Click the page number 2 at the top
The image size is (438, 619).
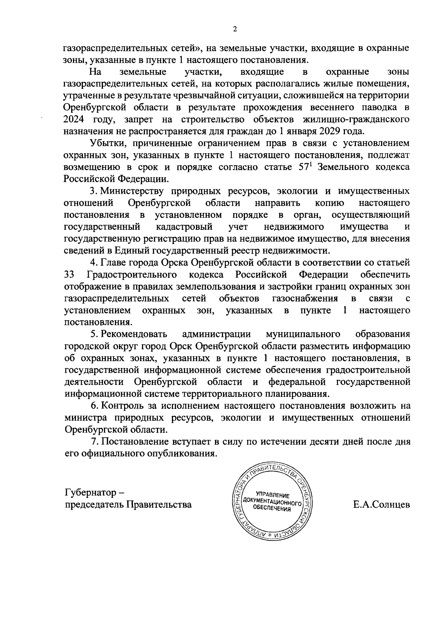[x=235, y=30]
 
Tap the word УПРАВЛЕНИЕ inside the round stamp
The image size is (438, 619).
[x=273, y=495]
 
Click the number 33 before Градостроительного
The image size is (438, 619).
[x=69, y=274]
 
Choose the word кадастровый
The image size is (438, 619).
[x=184, y=227]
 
